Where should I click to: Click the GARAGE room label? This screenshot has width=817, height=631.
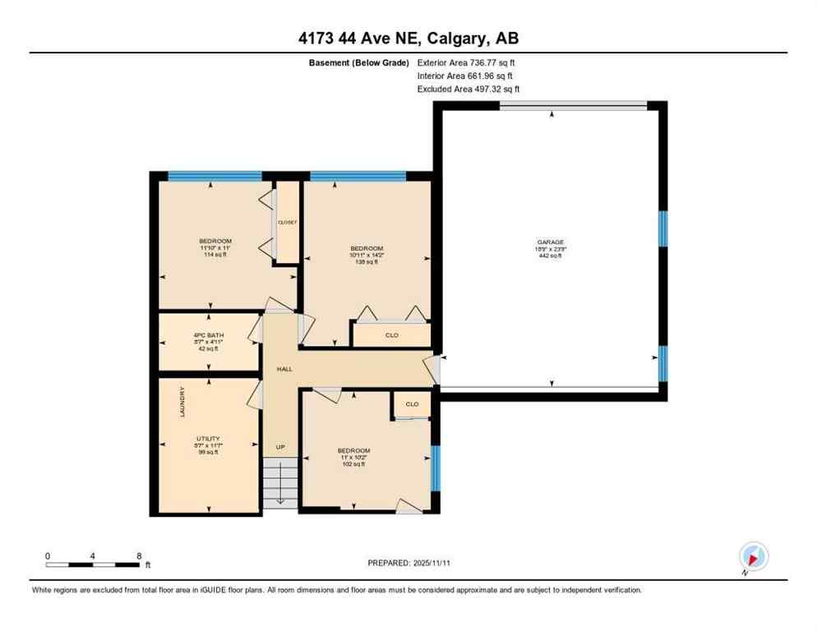coord(550,242)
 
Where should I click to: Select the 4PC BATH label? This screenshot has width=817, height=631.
coord(209,335)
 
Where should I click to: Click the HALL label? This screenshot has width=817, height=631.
coord(284,369)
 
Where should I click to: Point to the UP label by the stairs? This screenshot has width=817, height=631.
coord(280,447)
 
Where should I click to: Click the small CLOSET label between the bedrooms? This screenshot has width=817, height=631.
coord(287,222)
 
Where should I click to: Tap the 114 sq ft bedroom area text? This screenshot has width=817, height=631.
coord(215,255)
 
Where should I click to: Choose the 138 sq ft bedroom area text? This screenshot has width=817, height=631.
coord(367,262)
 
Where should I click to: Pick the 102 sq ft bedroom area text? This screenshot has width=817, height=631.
coord(353,464)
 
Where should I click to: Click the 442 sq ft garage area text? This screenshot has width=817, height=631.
coord(550,256)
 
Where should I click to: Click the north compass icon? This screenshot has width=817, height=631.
coord(753,556)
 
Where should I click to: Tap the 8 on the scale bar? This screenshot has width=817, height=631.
coord(138,556)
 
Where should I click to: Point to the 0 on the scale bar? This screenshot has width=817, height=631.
coord(48,556)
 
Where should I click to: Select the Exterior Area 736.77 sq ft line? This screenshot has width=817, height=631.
coord(466,62)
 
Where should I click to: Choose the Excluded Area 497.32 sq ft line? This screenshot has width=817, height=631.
coord(468,89)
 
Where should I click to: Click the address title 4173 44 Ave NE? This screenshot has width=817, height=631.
coord(408,38)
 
